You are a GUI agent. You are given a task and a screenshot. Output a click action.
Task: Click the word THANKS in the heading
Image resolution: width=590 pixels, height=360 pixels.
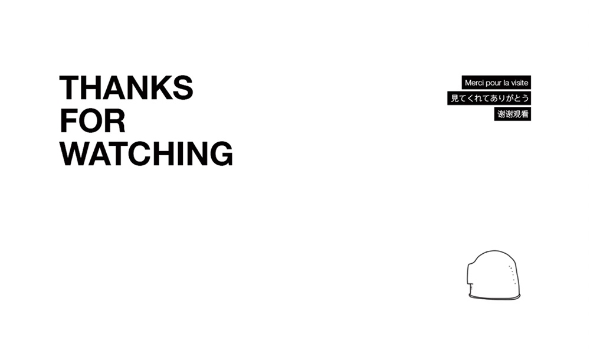tap(126, 87)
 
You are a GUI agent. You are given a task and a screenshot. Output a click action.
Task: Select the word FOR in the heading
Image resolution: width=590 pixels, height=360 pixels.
tap(93, 120)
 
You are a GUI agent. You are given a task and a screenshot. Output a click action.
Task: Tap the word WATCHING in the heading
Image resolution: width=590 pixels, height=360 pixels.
tap(146, 153)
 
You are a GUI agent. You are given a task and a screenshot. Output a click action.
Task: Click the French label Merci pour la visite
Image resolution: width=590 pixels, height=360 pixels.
tap(496, 83)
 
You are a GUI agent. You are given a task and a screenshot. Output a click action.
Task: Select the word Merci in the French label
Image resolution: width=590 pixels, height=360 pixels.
tap(474, 83)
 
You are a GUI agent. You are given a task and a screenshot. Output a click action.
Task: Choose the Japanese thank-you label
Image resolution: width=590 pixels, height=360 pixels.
tap(489, 99)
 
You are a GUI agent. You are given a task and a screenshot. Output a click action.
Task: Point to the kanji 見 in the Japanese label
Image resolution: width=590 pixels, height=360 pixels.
tap(455, 99)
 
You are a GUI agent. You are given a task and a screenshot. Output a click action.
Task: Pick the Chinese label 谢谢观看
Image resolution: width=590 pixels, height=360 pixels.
tap(513, 114)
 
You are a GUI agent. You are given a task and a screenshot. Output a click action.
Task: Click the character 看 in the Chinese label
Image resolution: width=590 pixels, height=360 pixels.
tap(525, 114)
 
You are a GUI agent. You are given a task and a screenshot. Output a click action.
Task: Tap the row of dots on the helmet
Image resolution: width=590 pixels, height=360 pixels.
tap(513, 274)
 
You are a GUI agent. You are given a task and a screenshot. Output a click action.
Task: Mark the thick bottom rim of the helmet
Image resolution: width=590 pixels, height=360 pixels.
tap(494, 297)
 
